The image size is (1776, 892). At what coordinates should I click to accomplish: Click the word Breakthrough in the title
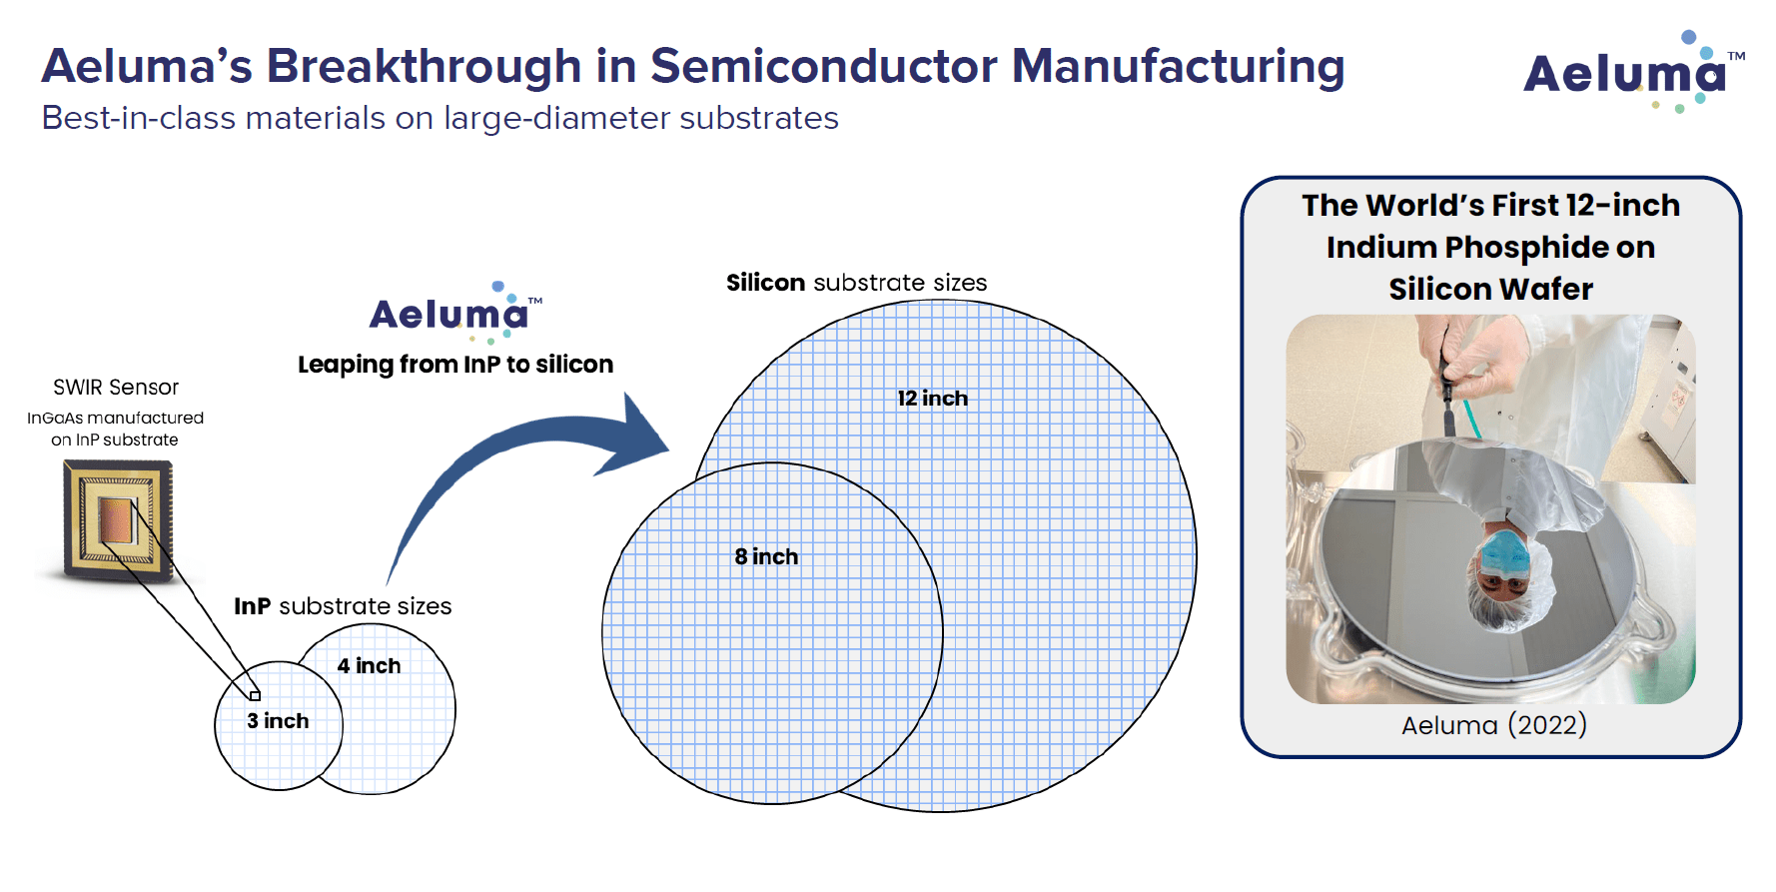coord(424,67)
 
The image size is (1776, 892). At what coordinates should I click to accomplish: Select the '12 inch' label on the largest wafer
coord(932,399)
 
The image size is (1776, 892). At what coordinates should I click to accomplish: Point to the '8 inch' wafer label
coord(766,557)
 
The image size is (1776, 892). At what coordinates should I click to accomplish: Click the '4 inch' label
coord(369,666)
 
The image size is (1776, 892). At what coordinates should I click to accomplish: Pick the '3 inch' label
coord(278,721)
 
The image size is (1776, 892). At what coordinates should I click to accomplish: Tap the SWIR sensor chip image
coord(118,519)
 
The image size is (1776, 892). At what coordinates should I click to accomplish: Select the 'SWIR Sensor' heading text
coord(116,388)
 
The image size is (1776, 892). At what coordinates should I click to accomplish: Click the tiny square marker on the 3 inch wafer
coord(255,695)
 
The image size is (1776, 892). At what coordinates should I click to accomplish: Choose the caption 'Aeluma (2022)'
coord(1493,725)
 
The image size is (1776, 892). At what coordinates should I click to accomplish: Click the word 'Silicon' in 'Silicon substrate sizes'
coord(765,284)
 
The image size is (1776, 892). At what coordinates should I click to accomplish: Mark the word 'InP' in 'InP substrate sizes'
coord(252,606)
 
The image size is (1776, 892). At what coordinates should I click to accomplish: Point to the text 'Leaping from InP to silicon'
coord(455,365)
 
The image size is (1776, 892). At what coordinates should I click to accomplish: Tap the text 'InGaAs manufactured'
coord(115,419)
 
